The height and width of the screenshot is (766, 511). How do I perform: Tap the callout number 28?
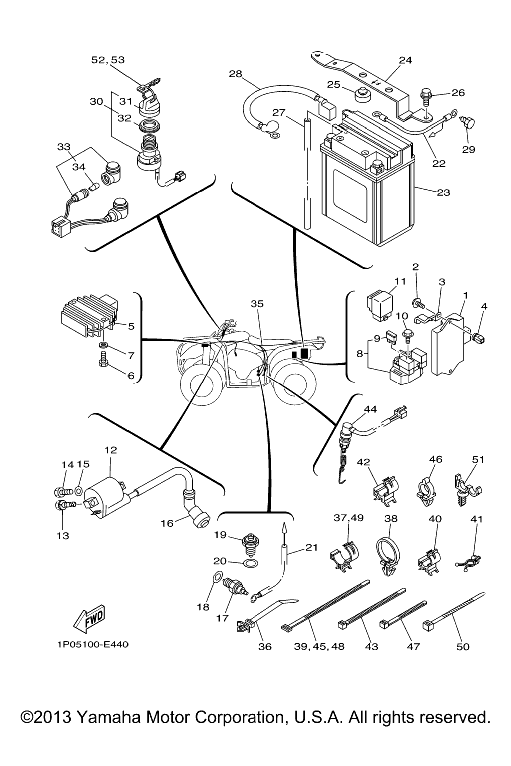(235, 74)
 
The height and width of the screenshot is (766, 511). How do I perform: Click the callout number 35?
(257, 304)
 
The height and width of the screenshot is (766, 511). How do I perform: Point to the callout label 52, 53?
(108, 60)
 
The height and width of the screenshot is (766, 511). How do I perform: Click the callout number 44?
(370, 409)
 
